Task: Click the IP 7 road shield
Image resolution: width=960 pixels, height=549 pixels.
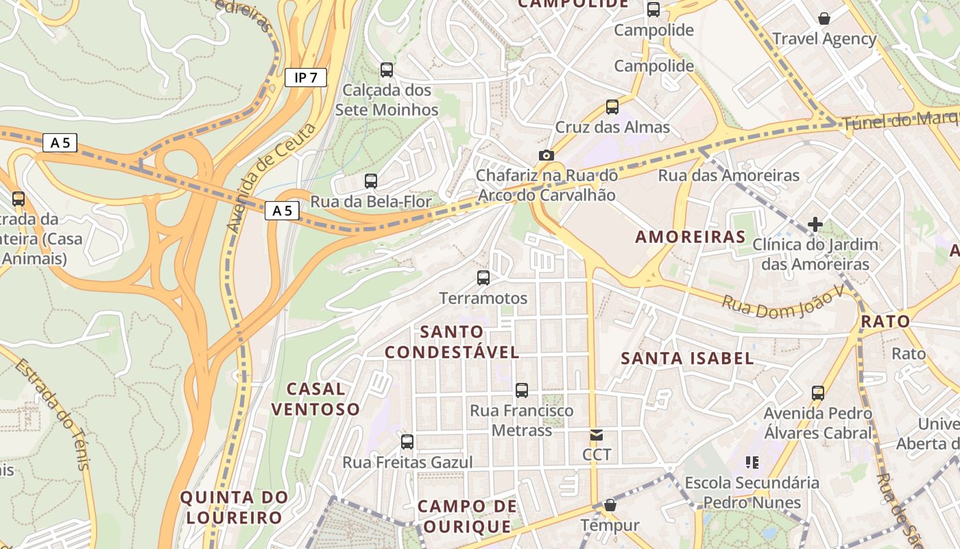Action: (x=306, y=78)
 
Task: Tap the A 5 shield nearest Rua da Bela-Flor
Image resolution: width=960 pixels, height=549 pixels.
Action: (x=283, y=211)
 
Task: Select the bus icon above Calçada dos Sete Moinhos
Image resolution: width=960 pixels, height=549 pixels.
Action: (x=387, y=69)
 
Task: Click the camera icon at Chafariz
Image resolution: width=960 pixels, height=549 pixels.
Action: (x=547, y=155)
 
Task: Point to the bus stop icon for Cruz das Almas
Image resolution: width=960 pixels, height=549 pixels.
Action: (x=612, y=107)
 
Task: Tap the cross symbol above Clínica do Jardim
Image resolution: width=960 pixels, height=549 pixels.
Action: (x=815, y=224)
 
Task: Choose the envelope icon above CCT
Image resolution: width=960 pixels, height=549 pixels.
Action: (x=597, y=434)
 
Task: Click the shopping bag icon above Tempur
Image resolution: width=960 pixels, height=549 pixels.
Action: (x=610, y=506)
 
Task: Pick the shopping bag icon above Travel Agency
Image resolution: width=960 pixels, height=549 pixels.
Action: (x=824, y=19)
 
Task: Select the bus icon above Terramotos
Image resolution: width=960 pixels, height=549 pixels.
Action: (x=483, y=278)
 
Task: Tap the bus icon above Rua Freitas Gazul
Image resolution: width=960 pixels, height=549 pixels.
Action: (x=407, y=441)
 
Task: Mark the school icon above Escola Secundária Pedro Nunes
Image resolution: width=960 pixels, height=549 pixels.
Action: (x=752, y=463)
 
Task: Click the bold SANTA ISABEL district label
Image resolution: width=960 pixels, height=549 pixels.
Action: (x=687, y=358)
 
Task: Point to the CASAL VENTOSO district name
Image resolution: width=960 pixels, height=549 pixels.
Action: (x=315, y=399)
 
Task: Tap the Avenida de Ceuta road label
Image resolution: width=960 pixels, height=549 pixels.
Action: (x=272, y=178)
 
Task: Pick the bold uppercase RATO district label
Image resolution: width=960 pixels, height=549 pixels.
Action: (x=885, y=321)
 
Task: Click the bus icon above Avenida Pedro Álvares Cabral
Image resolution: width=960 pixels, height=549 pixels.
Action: (x=818, y=393)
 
